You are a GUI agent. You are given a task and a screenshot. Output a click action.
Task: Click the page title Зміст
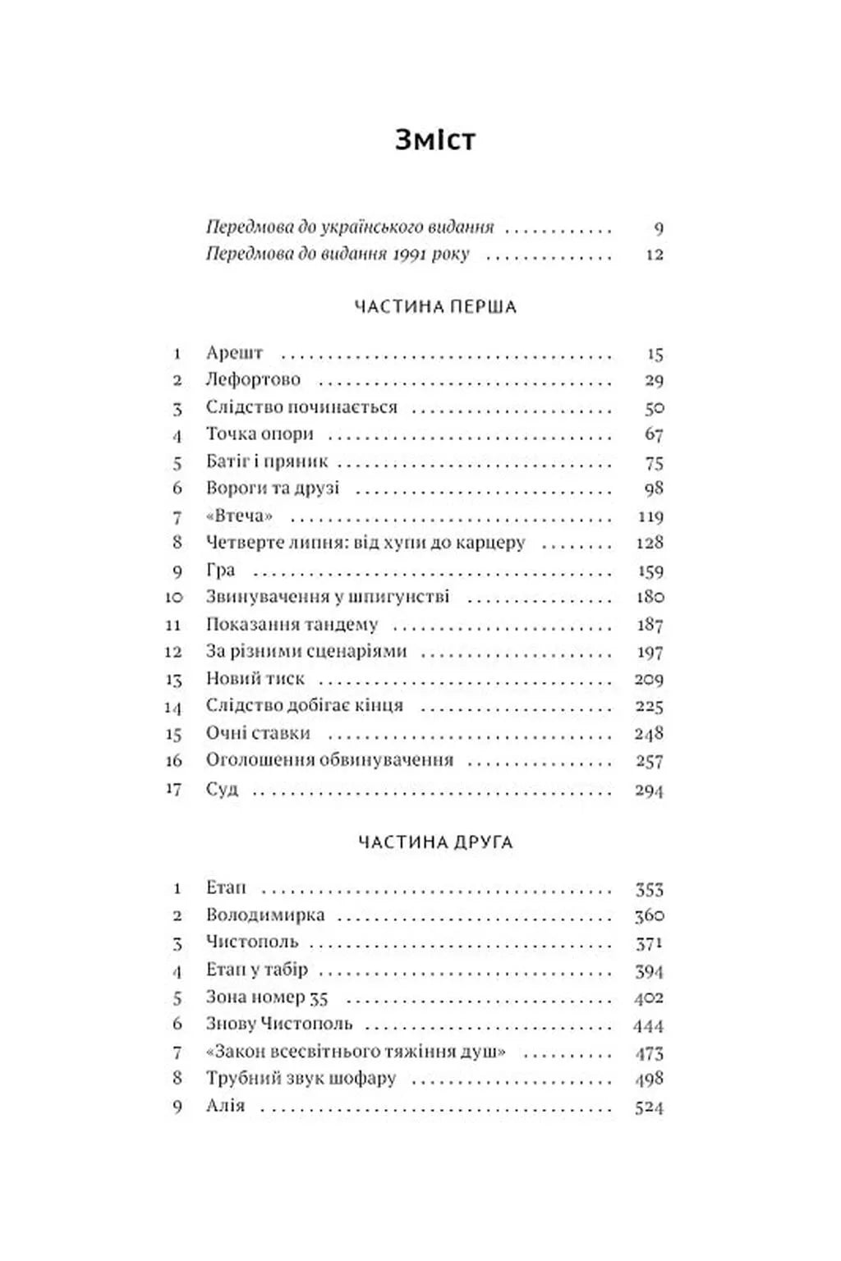coord(434,140)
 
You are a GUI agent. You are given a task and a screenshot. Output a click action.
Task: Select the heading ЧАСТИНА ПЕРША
coord(434,307)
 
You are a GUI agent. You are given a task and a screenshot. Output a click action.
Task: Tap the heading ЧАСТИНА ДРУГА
coord(435,842)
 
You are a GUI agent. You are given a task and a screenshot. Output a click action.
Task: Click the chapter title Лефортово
coord(253,380)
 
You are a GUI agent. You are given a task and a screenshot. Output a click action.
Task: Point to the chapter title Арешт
coord(234,353)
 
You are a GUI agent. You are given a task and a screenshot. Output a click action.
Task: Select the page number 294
coord(649,791)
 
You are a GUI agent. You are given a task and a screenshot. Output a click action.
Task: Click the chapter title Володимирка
coord(264,915)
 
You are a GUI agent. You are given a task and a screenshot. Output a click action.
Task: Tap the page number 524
coord(649,1107)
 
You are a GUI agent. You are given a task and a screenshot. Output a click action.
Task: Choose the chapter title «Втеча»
coord(239,516)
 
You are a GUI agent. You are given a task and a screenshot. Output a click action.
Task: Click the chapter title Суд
coord(222,790)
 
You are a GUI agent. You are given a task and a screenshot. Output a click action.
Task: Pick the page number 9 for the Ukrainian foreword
coord(658,228)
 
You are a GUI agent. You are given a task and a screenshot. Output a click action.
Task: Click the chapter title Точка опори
coord(260,434)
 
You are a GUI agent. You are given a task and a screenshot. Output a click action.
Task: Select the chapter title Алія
coord(225,1106)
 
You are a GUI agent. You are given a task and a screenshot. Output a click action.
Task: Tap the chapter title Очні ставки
coord(258,733)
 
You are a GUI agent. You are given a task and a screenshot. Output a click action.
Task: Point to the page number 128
coord(649,543)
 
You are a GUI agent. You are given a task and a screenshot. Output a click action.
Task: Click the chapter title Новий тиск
coord(255,679)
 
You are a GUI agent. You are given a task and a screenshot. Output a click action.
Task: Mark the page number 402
coord(649,998)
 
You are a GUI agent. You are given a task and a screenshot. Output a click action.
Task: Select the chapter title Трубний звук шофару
coord(301,1079)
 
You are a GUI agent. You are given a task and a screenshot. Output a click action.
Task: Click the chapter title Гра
coord(220,571)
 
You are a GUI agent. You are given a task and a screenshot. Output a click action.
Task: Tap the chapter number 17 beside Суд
coord(173,789)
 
